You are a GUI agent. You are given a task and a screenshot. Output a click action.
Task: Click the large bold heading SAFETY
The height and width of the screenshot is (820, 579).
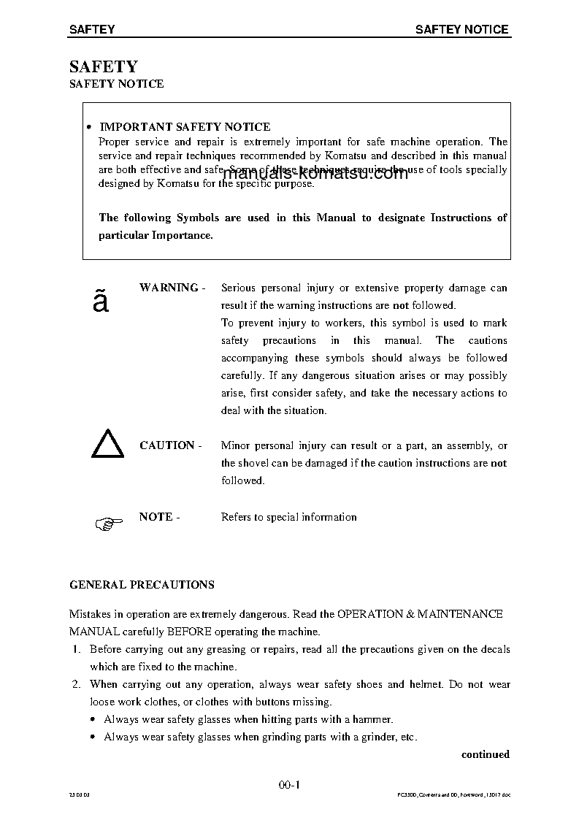[103, 66]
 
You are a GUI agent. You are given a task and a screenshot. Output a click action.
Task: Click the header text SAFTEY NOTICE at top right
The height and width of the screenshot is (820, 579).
[461, 29]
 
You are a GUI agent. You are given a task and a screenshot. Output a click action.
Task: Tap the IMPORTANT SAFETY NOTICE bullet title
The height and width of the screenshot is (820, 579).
[184, 127]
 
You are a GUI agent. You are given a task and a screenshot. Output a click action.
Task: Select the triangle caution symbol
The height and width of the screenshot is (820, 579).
[107, 444]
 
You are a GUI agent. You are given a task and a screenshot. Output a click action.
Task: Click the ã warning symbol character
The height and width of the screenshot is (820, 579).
[101, 302]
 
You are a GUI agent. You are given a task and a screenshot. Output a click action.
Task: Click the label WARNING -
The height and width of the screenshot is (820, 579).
[172, 288]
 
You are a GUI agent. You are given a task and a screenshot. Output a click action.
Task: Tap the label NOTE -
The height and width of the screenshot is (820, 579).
[159, 517]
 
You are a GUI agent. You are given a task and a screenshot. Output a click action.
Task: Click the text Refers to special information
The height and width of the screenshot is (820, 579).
[288, 517]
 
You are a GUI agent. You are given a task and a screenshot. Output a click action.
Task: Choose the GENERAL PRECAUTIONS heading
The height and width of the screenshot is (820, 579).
[142, 585]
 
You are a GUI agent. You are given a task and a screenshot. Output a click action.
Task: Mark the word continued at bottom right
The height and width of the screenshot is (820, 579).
[485, 754]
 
